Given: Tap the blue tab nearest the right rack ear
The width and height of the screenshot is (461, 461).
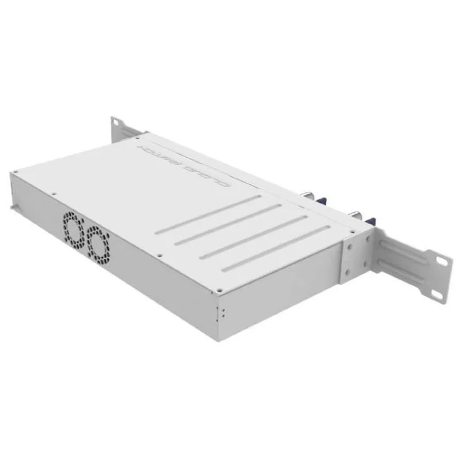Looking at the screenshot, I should click(x=369, y=221).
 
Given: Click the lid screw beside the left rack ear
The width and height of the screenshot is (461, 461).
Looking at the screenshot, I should click(x=138, y=138).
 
